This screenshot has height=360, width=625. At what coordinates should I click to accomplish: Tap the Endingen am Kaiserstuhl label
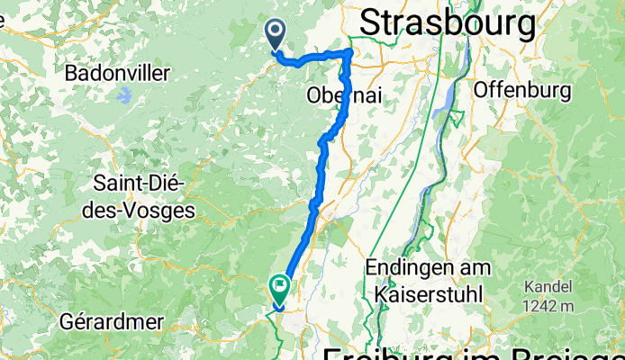point(429,280)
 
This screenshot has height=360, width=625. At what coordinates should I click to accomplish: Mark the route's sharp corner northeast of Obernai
point(349,55)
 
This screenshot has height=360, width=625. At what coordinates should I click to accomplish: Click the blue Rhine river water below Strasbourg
point(442,108)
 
